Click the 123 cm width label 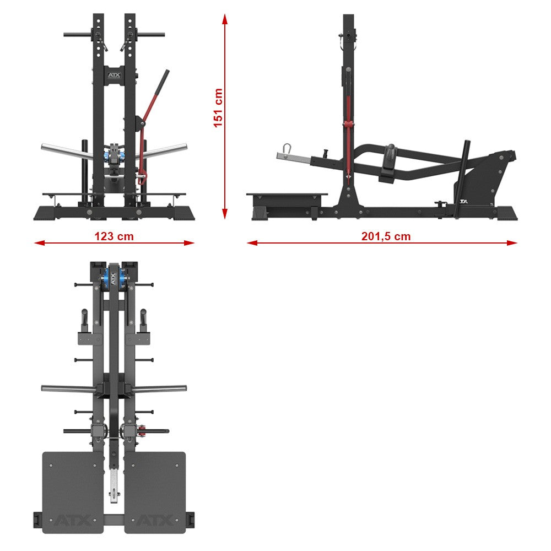(114, 236)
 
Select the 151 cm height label (218, 107)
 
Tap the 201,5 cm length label (386, 236)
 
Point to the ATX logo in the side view (463, 202)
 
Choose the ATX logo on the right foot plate (155, 520)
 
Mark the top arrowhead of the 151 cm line (225, 20)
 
